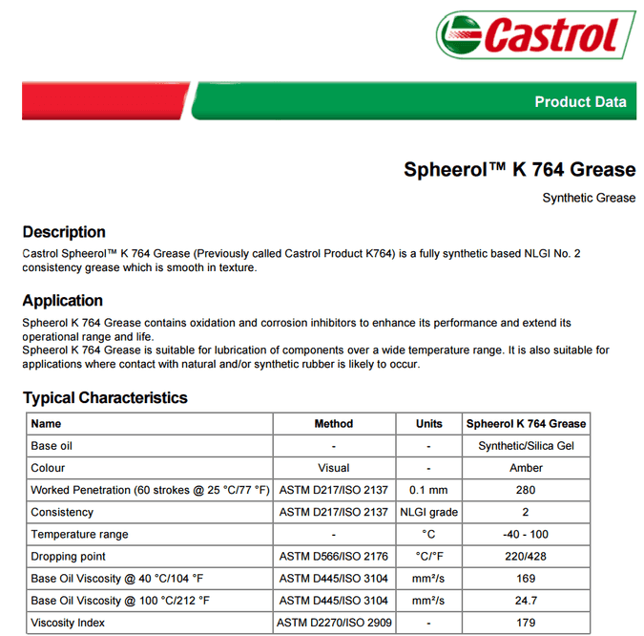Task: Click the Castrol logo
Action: [x=536, y=36]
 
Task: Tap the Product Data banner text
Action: [x=580, y=102]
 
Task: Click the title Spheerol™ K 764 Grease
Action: [x=519, y=170]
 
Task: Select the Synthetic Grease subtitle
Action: [x=589, y=198]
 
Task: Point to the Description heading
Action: [x=64, y=232]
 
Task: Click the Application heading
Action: [x=63, y=301]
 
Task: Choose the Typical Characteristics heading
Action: [x=105, y=398]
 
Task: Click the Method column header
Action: [x=334, y=423]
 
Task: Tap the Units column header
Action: [x=429, y=423]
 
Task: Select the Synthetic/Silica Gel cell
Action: [x=526, y=446]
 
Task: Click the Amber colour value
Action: [x=526, y=468]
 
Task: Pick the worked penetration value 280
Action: [x=526, y=490]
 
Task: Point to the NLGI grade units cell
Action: [x=429, y=512]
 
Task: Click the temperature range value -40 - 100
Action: [x=526, y=534]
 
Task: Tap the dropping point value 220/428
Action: [x=526, y=556]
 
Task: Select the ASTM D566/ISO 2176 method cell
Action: [x=334, y=556]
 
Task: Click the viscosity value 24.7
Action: [x=526, y=601]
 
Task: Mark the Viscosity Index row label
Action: [x=68, y=623]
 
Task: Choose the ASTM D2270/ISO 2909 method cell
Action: [x=334, y=623]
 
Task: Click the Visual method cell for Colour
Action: [x=334, y=468]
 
